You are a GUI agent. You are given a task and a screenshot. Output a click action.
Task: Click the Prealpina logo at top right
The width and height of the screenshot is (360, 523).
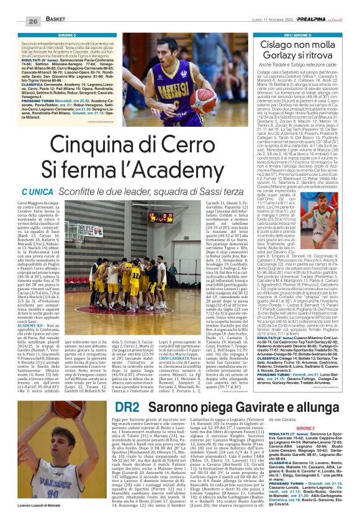coord(313,20)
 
